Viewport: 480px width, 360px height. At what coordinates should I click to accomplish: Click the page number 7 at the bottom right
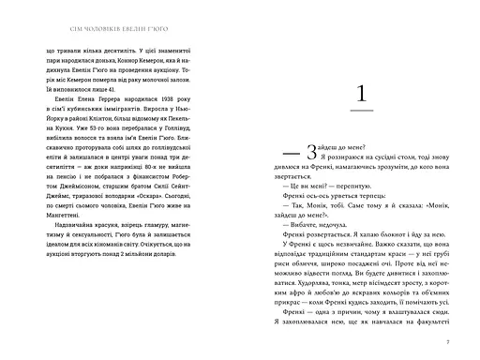point(449,339)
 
